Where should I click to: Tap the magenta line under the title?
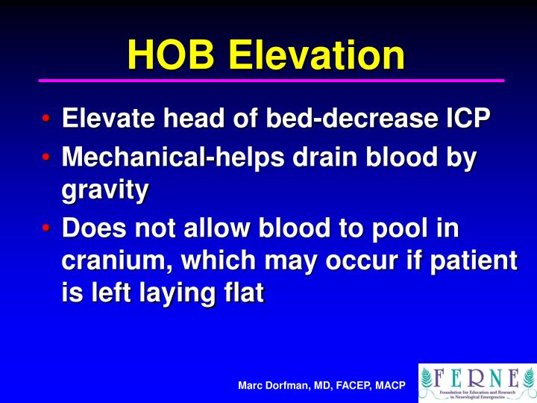click(271, 80)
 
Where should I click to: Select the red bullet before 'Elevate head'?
click(46, 119)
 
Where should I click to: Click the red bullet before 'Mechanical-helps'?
click(46, 158)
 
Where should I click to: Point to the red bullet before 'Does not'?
click(46, 228)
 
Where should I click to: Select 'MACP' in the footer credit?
click(390, 385)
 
